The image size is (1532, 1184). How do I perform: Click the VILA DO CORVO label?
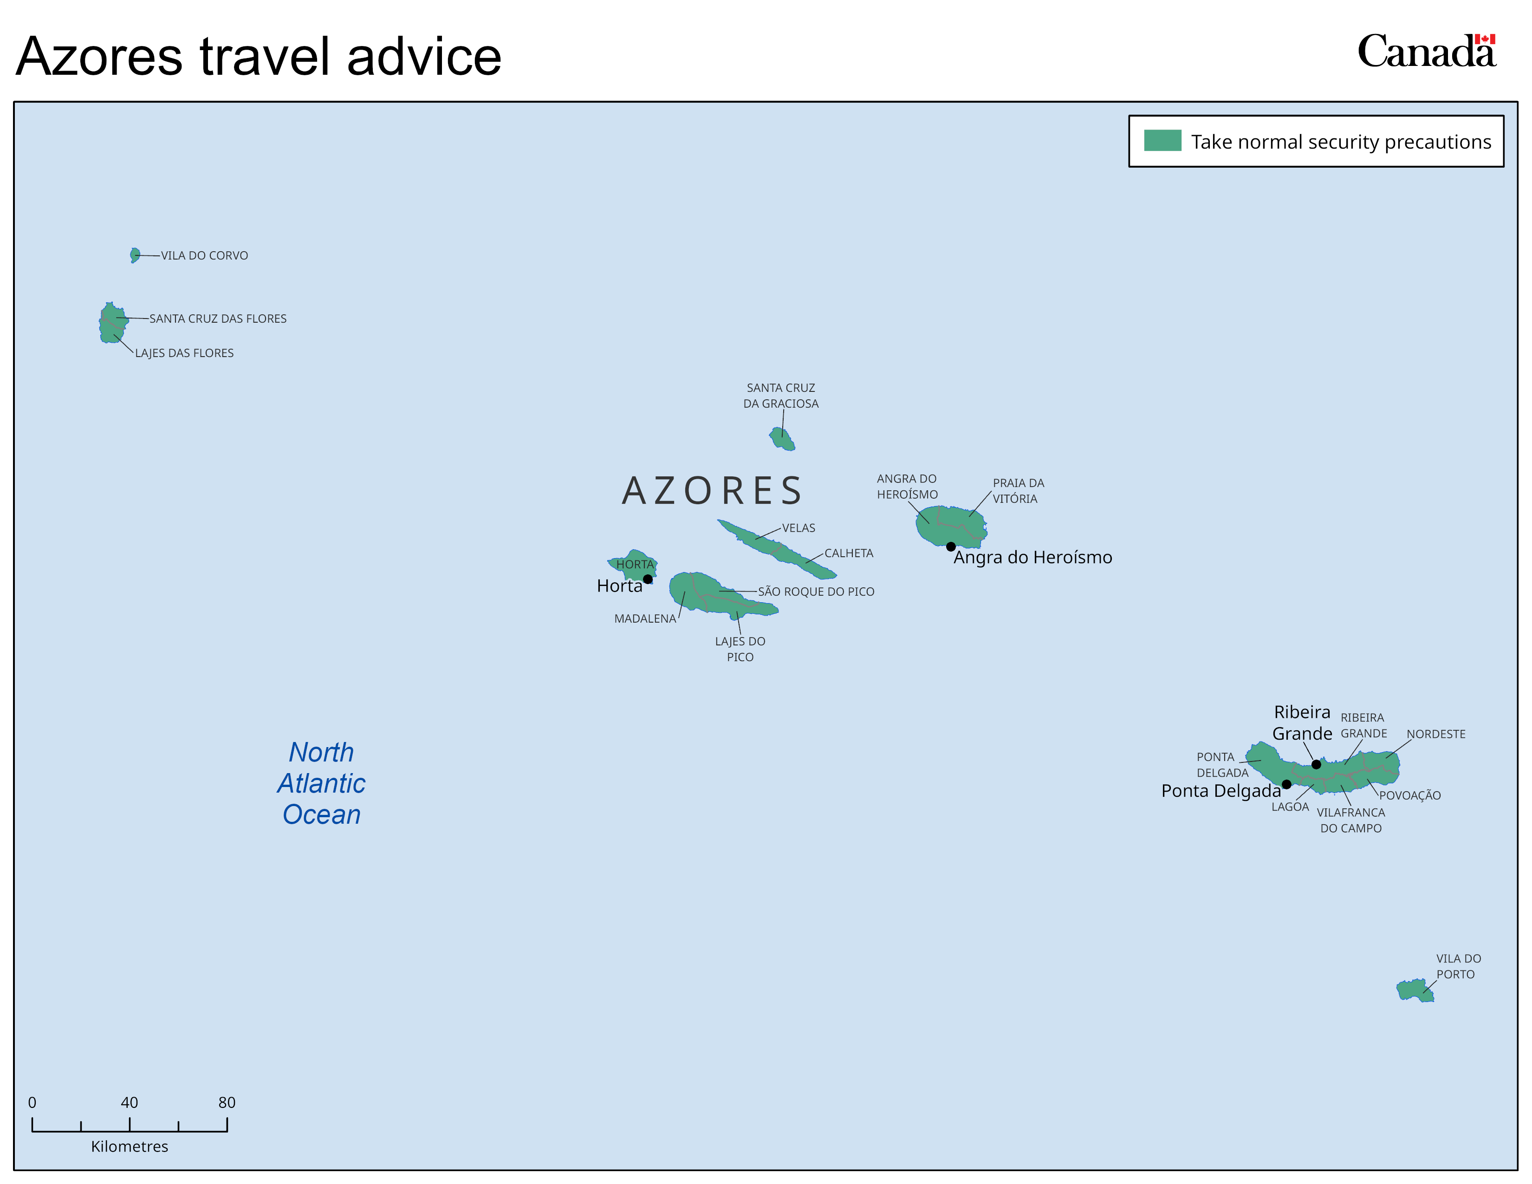coord(204,255)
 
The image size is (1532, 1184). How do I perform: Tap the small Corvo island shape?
coord(135,255)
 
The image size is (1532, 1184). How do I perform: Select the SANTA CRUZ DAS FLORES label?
coord(218,319)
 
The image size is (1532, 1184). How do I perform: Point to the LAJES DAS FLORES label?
coord(184,353)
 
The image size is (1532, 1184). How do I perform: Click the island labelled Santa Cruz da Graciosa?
coord(781,439)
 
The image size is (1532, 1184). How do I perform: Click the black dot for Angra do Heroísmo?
coord(950,546)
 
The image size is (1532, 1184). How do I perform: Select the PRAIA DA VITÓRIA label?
coord(1018,491)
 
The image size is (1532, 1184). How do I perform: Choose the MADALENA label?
coord(645,618)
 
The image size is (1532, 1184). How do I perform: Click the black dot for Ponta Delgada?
coord(1286,784)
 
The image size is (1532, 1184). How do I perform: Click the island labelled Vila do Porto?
coord(1415,990)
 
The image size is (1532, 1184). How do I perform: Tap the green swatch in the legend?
coord(1162,140)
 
